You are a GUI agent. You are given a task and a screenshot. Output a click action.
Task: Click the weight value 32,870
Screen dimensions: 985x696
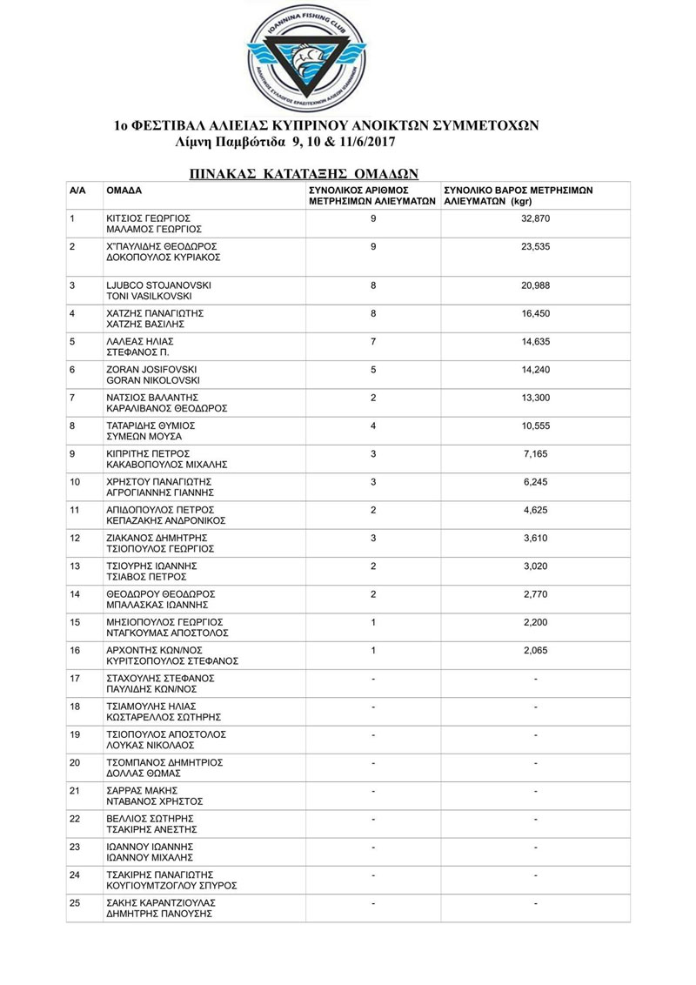536,218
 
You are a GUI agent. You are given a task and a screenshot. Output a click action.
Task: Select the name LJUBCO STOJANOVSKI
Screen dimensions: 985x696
157,285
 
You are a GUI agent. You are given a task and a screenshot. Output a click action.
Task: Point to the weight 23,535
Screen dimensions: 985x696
536,247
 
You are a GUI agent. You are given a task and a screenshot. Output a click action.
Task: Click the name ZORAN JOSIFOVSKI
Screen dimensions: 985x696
151,370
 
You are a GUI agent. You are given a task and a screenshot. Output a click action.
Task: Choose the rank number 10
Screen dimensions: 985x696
75,482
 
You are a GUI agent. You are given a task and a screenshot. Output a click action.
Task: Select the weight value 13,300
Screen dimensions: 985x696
536,398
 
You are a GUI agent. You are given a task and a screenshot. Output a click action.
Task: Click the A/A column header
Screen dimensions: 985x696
77,190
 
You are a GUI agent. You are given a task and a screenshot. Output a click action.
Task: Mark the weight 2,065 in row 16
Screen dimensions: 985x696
536,650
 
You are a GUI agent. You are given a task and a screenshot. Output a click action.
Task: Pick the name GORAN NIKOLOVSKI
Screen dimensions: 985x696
153,381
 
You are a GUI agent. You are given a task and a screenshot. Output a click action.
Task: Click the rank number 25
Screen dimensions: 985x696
75,903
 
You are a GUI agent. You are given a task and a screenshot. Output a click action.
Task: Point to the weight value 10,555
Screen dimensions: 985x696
536,425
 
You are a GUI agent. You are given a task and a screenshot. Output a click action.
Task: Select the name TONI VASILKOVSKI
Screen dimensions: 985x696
149,297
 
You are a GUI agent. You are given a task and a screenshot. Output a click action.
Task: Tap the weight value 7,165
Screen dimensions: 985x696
536,454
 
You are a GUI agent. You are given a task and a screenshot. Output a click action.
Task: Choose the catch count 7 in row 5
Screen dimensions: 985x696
373,342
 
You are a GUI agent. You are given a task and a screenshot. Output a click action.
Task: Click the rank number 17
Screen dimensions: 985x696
75,679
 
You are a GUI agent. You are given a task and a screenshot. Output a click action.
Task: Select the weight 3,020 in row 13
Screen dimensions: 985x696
536,566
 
